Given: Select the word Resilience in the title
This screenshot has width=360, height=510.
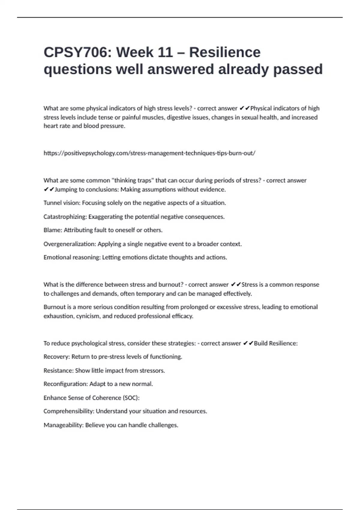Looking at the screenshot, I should click(225, 52).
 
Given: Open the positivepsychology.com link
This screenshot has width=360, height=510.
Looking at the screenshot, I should click(149, 153).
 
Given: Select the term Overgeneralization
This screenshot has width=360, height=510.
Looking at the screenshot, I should click(69, 244).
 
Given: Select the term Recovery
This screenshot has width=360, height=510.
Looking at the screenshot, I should click(56, 357).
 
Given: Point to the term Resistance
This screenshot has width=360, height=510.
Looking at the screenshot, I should click(58, 371).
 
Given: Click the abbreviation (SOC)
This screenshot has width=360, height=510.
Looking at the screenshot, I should click(131, 398).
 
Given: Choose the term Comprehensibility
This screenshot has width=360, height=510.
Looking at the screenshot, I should click(68, 412).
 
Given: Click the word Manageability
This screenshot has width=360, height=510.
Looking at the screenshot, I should click(63, 425).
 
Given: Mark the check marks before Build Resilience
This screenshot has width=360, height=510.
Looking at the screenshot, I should click(248, 343).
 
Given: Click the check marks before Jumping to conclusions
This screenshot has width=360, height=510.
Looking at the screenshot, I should click(49, 190).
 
